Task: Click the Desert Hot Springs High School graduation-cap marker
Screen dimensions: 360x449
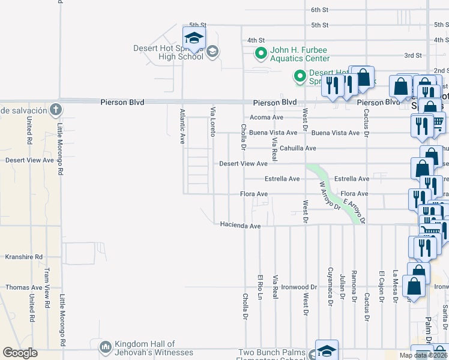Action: click(194, 38)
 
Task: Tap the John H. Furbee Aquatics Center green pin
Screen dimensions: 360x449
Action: click(261, 54)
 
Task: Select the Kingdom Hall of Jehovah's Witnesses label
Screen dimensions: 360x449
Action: click(145, 348)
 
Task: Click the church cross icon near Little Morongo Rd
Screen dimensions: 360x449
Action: click(55, 109)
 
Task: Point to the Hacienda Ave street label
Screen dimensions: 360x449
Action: click(240, 226)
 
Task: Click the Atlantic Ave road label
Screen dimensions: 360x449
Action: click(182, 126)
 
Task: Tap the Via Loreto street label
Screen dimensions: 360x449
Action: click(212, 121)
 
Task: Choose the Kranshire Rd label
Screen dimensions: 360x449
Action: click(24, 257)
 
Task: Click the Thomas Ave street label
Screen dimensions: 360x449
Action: click(24, 287)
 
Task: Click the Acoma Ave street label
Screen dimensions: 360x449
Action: click(266, 118)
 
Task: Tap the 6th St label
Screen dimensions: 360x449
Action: click(320, 10)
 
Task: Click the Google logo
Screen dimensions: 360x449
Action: click(20, 353)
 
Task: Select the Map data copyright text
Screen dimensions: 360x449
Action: click(423, 355)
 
